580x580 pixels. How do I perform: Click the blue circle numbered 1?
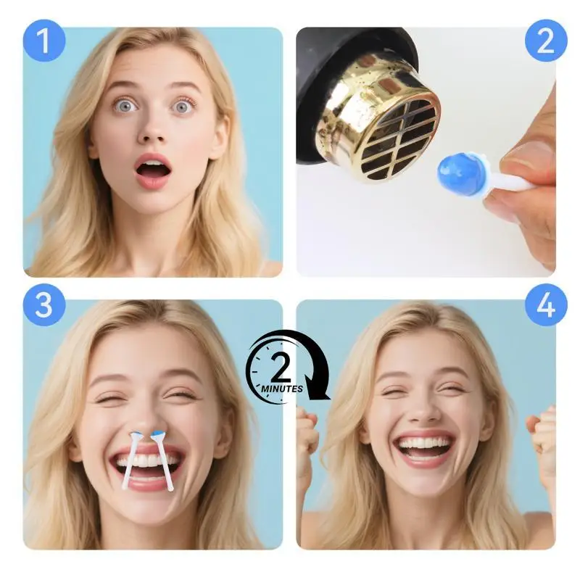pos(44,41)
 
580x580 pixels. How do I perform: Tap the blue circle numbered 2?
pos(546,41)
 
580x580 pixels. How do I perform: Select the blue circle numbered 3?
pos(44,305)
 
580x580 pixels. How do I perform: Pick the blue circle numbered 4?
pos(546,305)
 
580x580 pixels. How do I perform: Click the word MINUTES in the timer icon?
pos(282,389)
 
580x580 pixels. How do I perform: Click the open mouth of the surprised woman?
pos(153,171)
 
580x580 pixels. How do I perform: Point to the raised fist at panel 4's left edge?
pos(307,433)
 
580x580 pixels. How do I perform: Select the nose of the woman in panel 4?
pos(424,410)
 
